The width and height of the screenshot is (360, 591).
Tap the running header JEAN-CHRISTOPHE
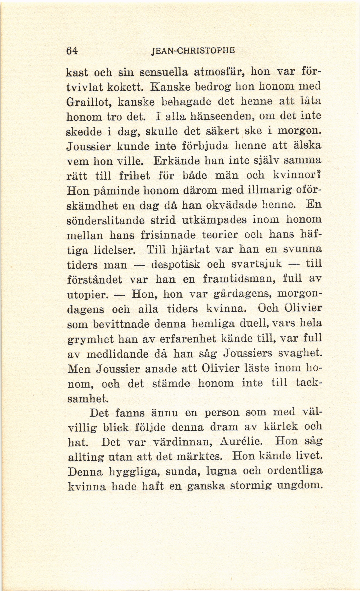tap(193, 51)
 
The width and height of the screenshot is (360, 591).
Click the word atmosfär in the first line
tap(217, 73)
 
